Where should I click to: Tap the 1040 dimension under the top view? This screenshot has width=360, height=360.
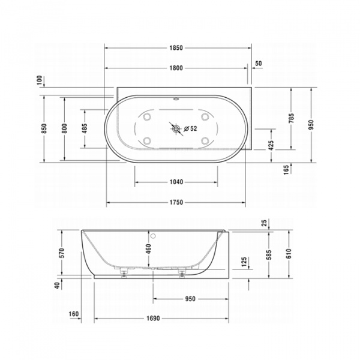(x=175, y=182)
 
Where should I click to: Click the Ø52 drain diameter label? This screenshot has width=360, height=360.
(x=190, y=128)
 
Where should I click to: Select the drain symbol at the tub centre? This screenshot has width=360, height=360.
(x=176, y=128)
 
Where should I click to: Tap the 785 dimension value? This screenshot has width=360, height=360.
(x=291, y=118)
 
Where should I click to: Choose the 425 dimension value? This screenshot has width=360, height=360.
(x=271, y=145)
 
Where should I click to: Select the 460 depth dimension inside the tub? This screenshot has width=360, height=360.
(x=148, y=249)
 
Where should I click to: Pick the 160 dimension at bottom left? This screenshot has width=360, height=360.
(x=74, y=313)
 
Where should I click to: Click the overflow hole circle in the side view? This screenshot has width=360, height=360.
(x=154, y=235)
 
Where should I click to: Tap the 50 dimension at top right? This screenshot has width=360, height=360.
(x=258, y=63)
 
